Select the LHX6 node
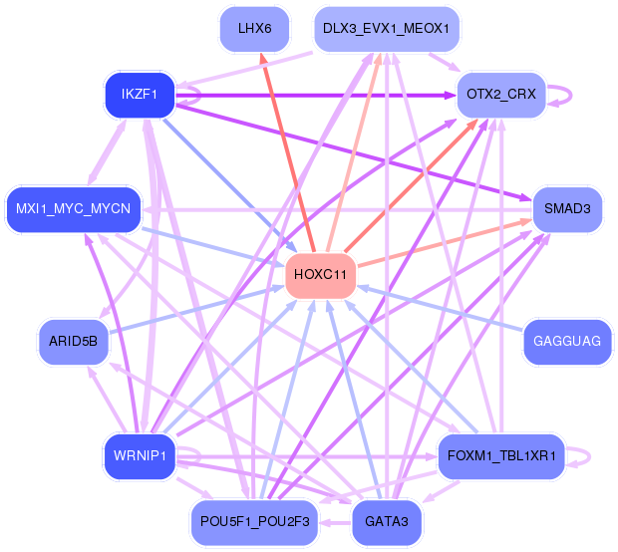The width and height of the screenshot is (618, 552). coord(254,28)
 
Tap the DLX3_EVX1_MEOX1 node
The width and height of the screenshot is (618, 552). coord(385,28)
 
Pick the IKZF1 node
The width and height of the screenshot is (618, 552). coord(141,95)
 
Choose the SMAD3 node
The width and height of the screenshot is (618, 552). coord(567,208)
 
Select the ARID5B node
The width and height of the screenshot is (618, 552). coord(72,341)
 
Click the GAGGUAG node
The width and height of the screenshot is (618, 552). coord(567,341)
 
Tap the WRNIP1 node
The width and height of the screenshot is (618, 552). coord(139,456)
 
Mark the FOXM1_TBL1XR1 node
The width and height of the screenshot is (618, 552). coord(501,456)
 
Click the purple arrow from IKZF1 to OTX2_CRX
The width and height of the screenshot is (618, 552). coord(319,95)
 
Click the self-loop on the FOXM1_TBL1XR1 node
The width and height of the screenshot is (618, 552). coord(583,456)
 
